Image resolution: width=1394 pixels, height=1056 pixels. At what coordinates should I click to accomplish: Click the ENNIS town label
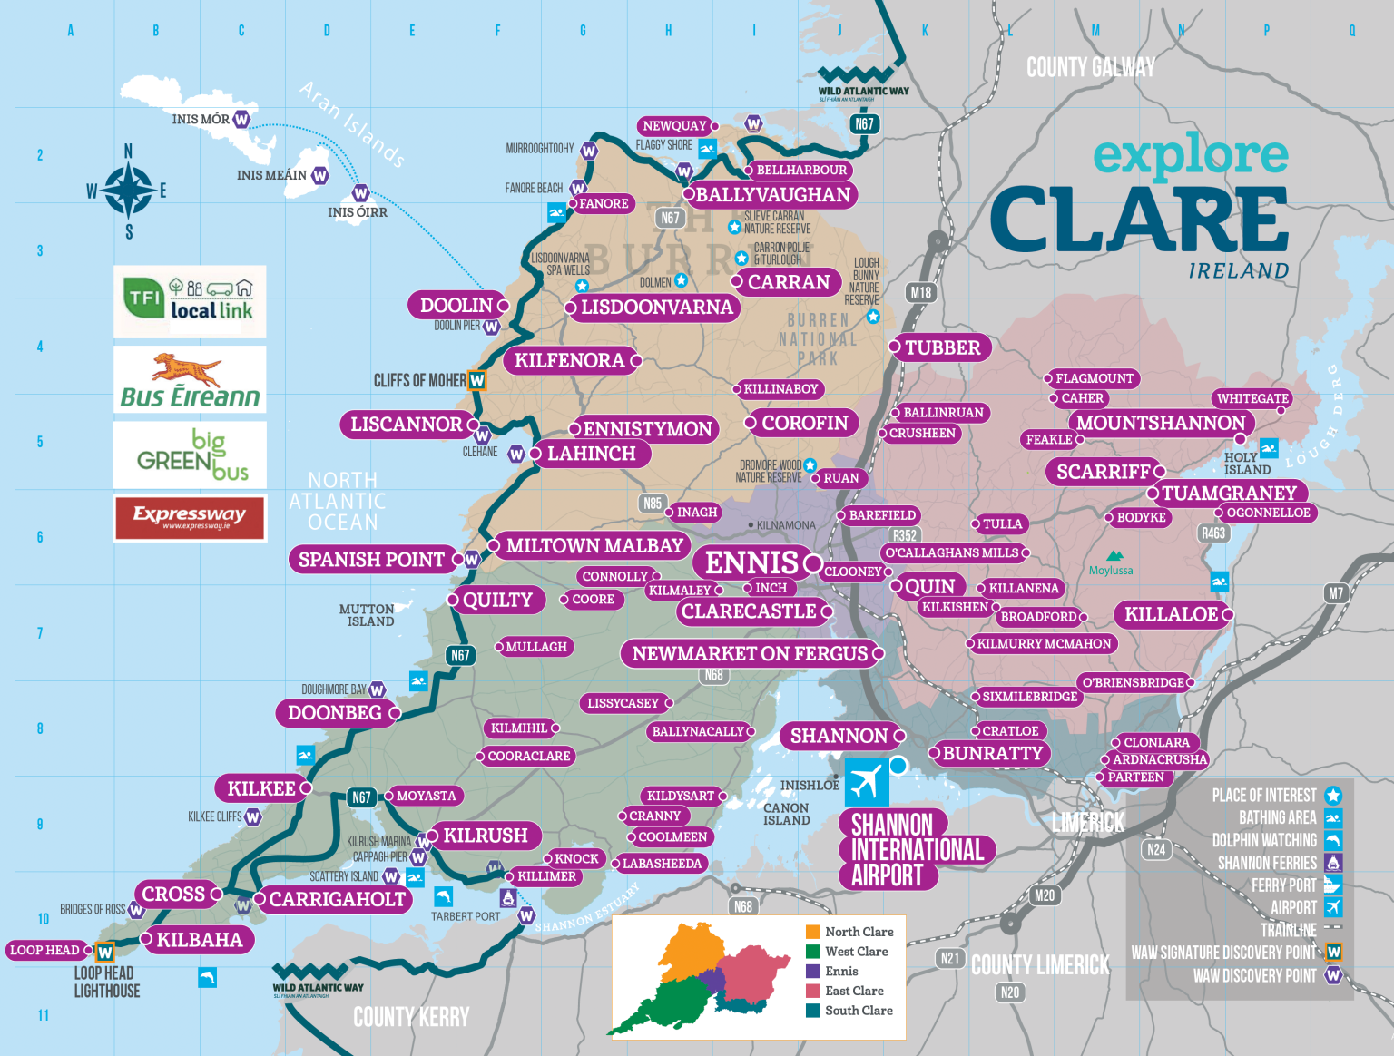(x=752, y=562)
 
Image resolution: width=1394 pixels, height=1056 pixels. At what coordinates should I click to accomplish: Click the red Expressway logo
(x=190, y=517)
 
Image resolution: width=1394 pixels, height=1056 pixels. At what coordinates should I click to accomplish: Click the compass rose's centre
(x=128, y=191)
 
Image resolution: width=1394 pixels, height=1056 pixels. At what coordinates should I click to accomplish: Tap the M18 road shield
(x=921, y=292)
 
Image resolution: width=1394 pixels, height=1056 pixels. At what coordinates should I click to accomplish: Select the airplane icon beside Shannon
(x=866, y=781)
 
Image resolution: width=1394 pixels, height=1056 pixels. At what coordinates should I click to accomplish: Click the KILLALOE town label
(x=1171, y=614)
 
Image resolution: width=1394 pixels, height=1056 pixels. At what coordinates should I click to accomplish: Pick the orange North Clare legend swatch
(x=813, y=932)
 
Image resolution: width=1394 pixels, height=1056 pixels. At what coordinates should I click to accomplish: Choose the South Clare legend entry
(x=858, y=1011)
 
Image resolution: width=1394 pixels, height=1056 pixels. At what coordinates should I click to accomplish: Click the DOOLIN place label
(x=456, y=306)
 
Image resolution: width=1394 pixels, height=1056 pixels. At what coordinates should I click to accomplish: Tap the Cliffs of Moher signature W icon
(x=476, y=381)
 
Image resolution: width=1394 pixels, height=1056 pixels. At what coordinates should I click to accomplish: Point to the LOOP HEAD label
(x=44, y=950)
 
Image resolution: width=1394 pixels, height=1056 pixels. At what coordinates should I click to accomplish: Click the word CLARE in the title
(x=1139, y=220)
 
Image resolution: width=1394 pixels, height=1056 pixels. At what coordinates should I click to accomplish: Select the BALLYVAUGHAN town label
(x=772, y=194)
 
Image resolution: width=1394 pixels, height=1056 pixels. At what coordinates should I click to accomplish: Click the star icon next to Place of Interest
(x=1332, y=796)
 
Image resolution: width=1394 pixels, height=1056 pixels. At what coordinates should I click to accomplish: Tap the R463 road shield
(x=1213, y=533)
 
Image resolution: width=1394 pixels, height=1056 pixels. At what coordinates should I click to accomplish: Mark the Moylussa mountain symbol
(x=1114, y=556)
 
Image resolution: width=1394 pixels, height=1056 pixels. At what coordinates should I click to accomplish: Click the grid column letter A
(x=71, y=31)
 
